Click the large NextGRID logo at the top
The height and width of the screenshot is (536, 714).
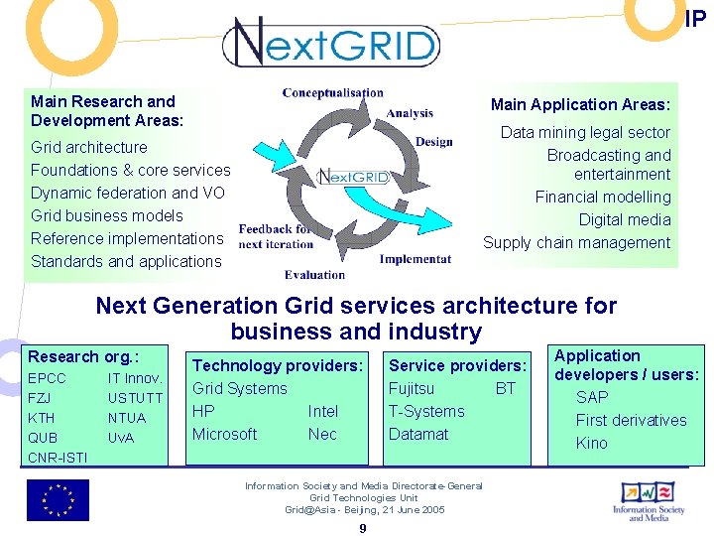tap(331, 43)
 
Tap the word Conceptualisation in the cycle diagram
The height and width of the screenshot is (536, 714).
tap(332, 92)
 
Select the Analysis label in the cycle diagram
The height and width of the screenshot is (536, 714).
tap(410, 113)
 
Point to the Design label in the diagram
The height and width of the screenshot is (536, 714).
tap(433, 142)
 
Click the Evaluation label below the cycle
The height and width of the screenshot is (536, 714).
tap(314, 275)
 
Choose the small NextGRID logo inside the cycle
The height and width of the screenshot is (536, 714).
tap(352, 178)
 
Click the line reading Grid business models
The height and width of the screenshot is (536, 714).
tap(107, 215)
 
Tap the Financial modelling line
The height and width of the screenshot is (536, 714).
tap(603, 197)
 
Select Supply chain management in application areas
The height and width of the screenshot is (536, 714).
tap(576, 242)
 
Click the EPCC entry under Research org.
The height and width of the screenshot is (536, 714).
tap(47, 378)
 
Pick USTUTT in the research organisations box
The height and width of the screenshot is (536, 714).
tap(135, 398)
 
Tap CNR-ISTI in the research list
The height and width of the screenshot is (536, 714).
tap(58, 458)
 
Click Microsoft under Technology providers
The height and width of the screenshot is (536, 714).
tap(225, 434)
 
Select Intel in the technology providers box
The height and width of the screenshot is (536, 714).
tap(323, 411)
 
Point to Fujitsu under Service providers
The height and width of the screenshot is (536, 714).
tap(411, 388)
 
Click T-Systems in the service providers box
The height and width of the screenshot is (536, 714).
tap(426, 411)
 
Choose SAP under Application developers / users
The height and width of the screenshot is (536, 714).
tap(592, 397)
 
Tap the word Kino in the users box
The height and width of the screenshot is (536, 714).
tap(592, 443)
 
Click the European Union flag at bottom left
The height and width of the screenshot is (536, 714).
tap(58, 500)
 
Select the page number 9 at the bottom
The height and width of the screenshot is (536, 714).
tap(363, 528)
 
